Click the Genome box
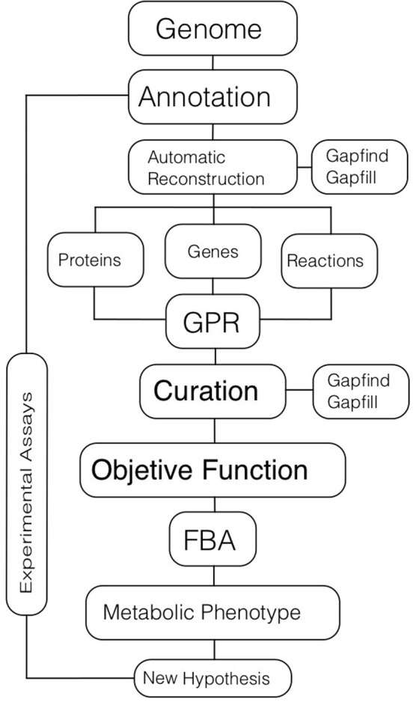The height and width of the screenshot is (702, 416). click(212, 28)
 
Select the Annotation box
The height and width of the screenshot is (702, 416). click(212, 97)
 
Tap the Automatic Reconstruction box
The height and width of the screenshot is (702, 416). click(212, 167)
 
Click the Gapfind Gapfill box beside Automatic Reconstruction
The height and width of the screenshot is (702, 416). click(360, 167)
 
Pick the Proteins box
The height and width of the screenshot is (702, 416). click(96, 260)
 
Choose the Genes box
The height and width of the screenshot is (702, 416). click(213, 251)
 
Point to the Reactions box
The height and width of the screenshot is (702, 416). click(329, 261)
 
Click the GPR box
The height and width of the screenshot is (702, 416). click(212, 322)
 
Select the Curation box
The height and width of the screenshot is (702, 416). click(212, 391)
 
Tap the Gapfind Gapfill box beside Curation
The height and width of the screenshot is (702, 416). click(361, 391)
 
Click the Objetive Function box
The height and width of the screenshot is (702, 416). click(212, 470)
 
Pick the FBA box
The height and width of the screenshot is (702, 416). click(212, 539)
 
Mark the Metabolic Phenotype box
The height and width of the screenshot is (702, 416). click(212, 613)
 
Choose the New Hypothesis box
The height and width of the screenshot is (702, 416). click(212, 678)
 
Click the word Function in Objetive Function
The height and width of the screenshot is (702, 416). click(255, 470)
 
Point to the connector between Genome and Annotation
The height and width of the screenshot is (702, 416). click(212, 63)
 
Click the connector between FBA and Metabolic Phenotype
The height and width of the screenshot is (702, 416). click(213, 576)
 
